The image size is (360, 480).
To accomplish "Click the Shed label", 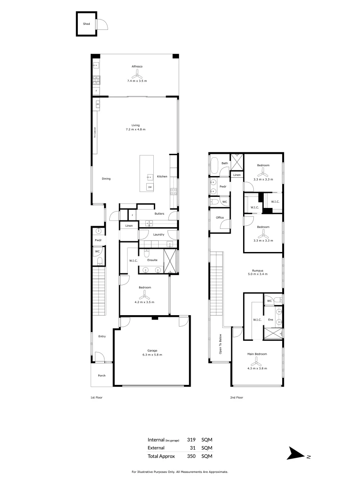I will [86, 24].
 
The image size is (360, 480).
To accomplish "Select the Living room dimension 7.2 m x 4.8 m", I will [136, 129].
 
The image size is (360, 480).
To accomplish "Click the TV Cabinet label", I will [95, 133].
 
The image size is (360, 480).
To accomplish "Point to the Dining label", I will [106, 179].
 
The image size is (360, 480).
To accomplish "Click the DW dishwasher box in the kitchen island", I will [150, 187].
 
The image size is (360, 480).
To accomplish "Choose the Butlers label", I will [160, 214].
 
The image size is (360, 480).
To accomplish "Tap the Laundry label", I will [159, 234].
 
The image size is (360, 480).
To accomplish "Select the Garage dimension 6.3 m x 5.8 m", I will [152, 355].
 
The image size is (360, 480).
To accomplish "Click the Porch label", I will [102, 376].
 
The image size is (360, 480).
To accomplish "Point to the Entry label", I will [102, 336].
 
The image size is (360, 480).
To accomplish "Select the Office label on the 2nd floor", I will [220, 218].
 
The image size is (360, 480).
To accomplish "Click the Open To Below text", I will [220, 344].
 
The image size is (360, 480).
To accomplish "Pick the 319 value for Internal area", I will [192, 440].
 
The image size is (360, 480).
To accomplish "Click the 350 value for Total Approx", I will [192, 456].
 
